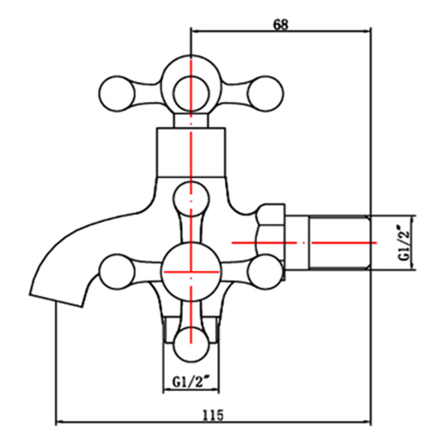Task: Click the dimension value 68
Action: [280, 24]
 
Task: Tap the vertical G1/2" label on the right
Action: [404, 242]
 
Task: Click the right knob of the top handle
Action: [263, 92]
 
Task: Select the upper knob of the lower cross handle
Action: [191, 199]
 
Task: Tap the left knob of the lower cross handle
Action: [117, 271]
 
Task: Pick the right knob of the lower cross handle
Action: [264, 271]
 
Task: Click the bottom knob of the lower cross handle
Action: [191, 343]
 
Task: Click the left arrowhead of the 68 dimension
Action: [196, 31]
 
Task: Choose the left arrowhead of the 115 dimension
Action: [61, 423]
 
